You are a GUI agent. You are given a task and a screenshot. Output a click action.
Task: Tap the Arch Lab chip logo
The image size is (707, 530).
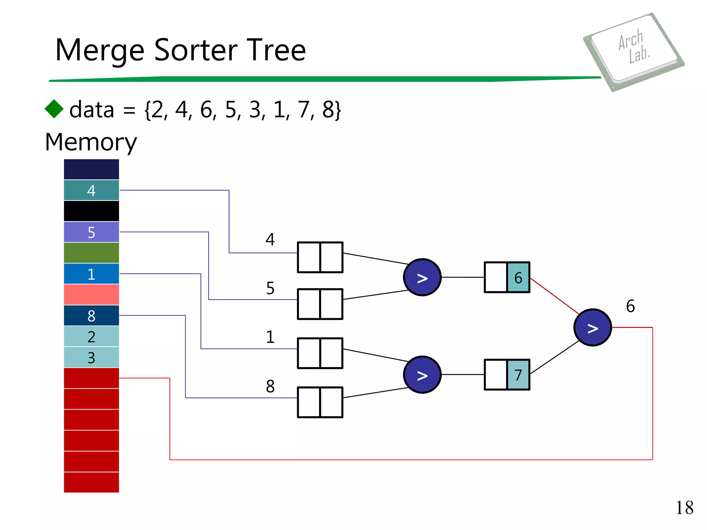pyautogui.click(x=634, y=51)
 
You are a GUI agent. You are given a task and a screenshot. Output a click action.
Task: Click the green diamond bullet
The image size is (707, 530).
pyautogui.click(x=54, y=109)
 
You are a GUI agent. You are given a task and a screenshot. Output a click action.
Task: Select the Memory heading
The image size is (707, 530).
pyautogui.click(x=91, y=142)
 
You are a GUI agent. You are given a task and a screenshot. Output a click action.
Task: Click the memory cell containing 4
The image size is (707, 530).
pyautogui.click(x=91, y=190)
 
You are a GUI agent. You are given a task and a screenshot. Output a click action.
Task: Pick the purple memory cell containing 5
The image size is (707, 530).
pyautogui.click(x=91, y=232)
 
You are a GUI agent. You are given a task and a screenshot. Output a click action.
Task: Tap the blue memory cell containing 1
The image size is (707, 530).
pyautogui.click(x=91, y=274)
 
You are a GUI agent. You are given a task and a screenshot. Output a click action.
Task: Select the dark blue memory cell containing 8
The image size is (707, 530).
pyautogui.click(x=91, y=316)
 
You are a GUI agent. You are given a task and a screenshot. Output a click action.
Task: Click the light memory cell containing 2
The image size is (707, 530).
pyautogui.click(x=91, y=337)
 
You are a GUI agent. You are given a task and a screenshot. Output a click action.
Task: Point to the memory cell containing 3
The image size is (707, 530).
pyautogui.click(x=91, y=357)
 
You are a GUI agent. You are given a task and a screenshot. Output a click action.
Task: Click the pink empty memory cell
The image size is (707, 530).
pyautogui.click(x=91, y=295)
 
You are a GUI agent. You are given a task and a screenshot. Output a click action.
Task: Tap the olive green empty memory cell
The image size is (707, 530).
pyautogui.click(x=91, y=253)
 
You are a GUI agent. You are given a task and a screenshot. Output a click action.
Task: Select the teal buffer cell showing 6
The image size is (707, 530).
pyautogui.click(x=518, y=277)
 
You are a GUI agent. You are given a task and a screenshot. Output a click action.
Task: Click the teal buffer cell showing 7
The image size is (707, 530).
pyautogui.click(x=518, y=375)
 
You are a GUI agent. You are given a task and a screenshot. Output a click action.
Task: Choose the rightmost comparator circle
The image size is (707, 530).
pyautogui.click(x=592, y=327)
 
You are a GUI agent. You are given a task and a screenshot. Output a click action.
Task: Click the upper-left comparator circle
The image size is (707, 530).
pyautogui.click(x=422, y=277)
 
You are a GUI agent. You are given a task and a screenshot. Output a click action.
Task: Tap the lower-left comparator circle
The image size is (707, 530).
pyautogui.click(x=422, y=375)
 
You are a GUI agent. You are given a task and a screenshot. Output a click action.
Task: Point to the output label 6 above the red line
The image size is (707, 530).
pyautogui.click(x=630, y=306)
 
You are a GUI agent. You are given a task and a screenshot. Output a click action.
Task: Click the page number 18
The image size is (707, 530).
pyautogui.click(x=684, y=508)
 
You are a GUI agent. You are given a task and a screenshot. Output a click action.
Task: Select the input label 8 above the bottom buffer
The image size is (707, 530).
pyautogui.click(x=270, y=386)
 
